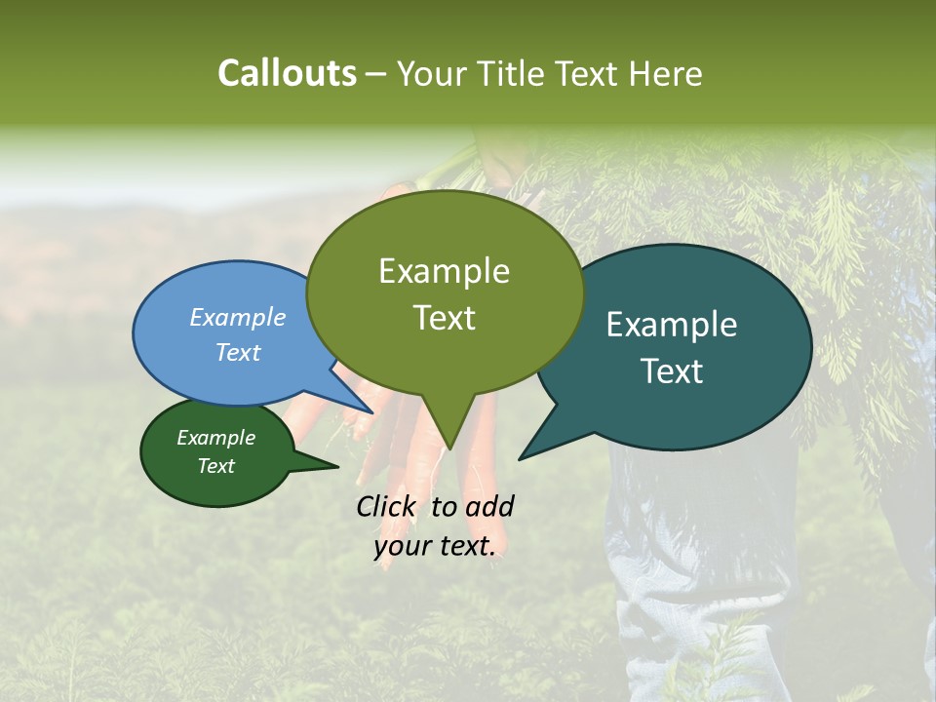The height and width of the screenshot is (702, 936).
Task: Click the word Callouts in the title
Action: pos(287,74)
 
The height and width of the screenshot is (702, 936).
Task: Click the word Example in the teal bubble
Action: pos(672,325)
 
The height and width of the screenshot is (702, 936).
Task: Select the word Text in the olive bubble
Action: pos(445,318)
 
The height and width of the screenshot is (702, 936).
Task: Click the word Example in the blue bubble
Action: pos(238,317)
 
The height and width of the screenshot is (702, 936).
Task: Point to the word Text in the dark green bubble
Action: pos(216,466)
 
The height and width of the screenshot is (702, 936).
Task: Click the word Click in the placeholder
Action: pos(386,506)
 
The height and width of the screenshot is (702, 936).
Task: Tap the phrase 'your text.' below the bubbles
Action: pos(435,546)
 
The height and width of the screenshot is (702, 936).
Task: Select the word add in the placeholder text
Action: pos(489,506)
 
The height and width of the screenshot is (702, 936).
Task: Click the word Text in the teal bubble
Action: pos(673,371)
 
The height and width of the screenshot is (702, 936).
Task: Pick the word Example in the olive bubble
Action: pos(444,271)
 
